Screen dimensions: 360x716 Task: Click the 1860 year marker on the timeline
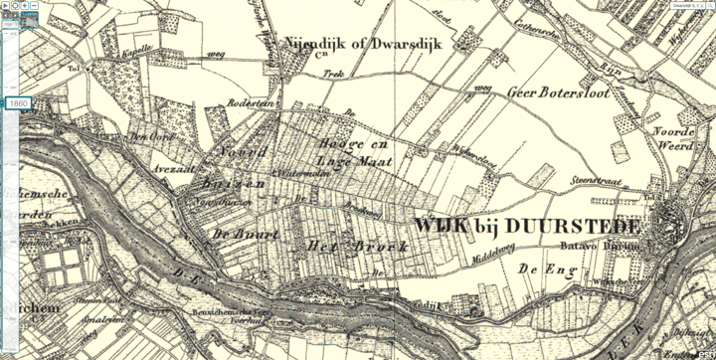[17, 103]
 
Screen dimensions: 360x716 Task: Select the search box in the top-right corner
[686, 5]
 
